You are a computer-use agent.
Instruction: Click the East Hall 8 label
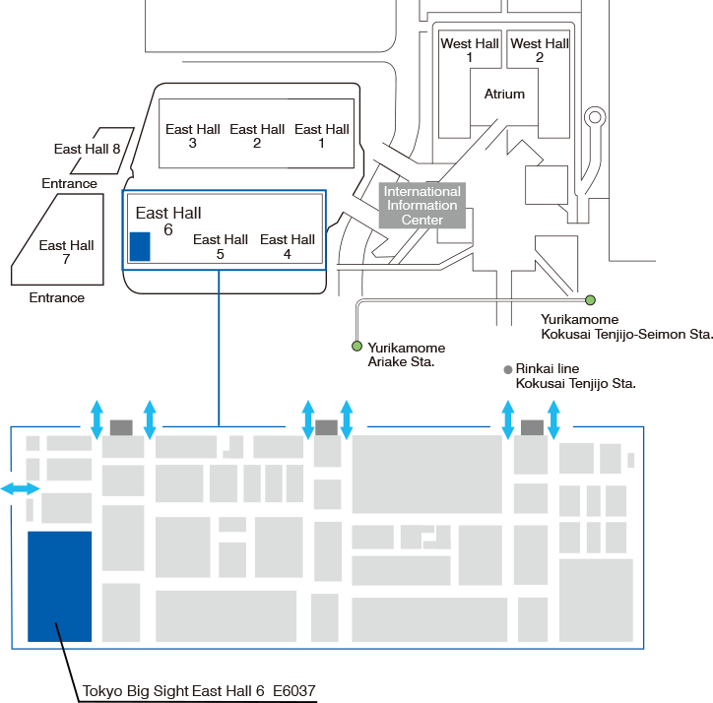coord(87,149)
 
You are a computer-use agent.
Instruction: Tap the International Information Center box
coord(422,206)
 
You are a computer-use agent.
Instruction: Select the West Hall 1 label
coord(470,50)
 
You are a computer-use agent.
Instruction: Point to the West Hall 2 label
coord(540,50)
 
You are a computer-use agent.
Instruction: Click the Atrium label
coord(504,95)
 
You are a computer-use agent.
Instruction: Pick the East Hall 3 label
coord(192,136)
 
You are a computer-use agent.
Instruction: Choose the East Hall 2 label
coord(257,136)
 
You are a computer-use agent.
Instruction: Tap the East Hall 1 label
coord(322,136)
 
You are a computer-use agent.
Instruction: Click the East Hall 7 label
coord(66,252)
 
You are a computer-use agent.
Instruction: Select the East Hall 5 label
coord(221,246)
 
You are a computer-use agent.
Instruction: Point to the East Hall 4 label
coord(288,246)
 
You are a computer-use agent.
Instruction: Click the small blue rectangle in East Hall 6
coord(140,246)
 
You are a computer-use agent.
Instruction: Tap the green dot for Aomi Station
coord(356,346)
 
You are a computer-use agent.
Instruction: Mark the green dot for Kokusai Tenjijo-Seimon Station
coord(590,299)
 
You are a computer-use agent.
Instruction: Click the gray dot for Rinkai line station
coord(508,370)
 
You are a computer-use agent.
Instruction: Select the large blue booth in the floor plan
coord(60,586)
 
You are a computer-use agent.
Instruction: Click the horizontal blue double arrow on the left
coord(21,488)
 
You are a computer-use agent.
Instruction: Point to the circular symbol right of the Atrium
coord(594,118)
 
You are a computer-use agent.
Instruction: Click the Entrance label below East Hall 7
coord(57,297)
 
